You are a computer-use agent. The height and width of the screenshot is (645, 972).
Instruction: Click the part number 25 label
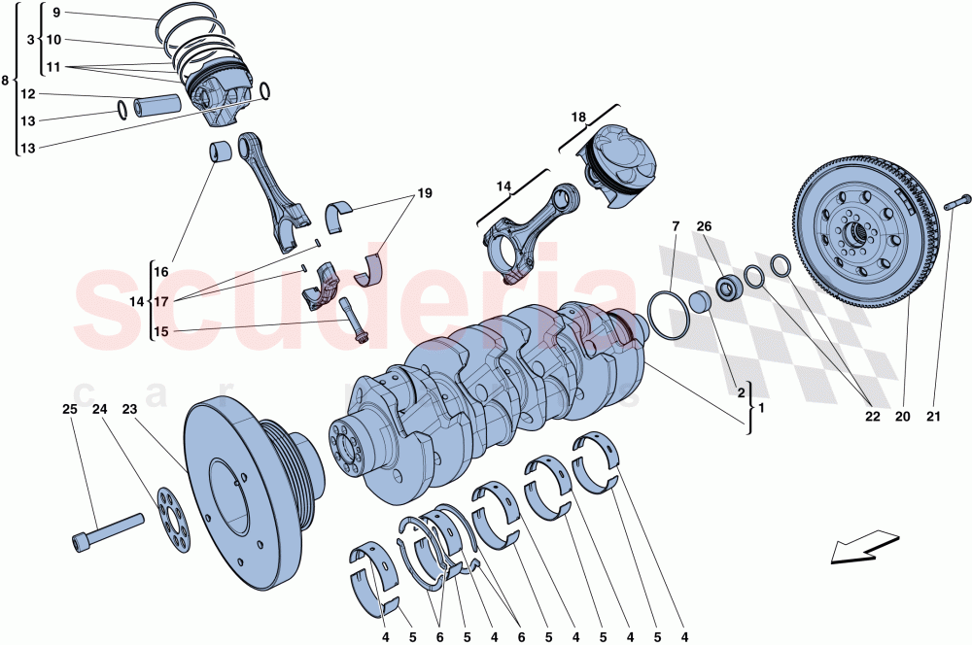click(x=69, y=409)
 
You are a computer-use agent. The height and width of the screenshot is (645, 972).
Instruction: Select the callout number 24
click(x=99, y=409)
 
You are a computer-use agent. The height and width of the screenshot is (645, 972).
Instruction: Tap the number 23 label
click(x=129, y=409)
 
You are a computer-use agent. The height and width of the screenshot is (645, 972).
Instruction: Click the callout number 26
click(x=704, y=227)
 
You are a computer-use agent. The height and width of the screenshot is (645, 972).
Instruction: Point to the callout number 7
click(x=675, y=227)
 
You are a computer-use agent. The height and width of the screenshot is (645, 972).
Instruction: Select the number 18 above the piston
click(x=578, y=118)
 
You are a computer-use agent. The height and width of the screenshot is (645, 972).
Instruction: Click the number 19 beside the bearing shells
click(x=424, y=193)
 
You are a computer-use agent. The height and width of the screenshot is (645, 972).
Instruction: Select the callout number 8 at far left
click(x=8, y=80)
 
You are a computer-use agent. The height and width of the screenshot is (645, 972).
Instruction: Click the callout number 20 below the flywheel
click(x=901, y=417)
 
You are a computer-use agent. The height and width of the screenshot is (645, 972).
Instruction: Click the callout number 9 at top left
click(x=55, y=13)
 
